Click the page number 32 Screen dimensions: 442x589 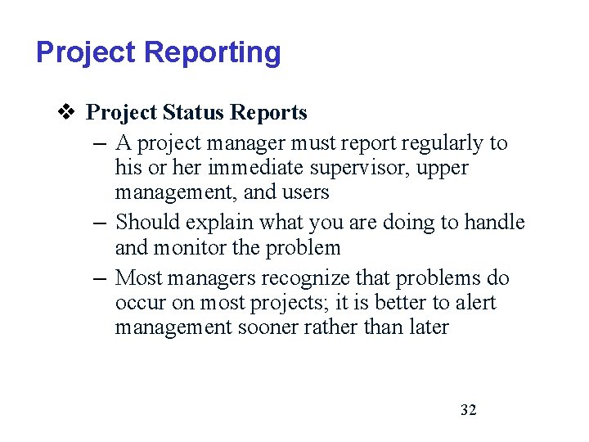[468, 410]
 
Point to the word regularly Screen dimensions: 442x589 [442, 143]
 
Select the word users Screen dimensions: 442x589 [306, 192]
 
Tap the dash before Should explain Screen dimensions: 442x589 [98, 223]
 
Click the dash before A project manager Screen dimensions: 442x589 [98, 143]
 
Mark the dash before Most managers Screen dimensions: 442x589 [98, 278]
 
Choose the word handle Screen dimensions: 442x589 [495, 223]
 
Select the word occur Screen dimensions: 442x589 [140, 303]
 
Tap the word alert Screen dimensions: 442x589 [475, 303]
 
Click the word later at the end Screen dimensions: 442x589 [428, 327]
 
